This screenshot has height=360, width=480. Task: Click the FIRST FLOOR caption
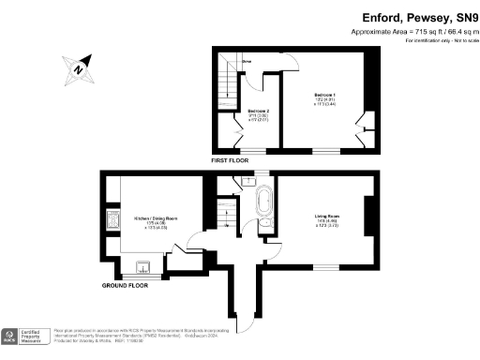pyautogui.click(x=231, y=160)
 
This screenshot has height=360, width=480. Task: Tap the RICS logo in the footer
pyautogui.click(x=11, y=336)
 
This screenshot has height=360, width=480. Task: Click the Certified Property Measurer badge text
pyautogui.click(x=35, y=336)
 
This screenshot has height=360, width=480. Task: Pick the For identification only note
pyautogui.click(x=440, y=41)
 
